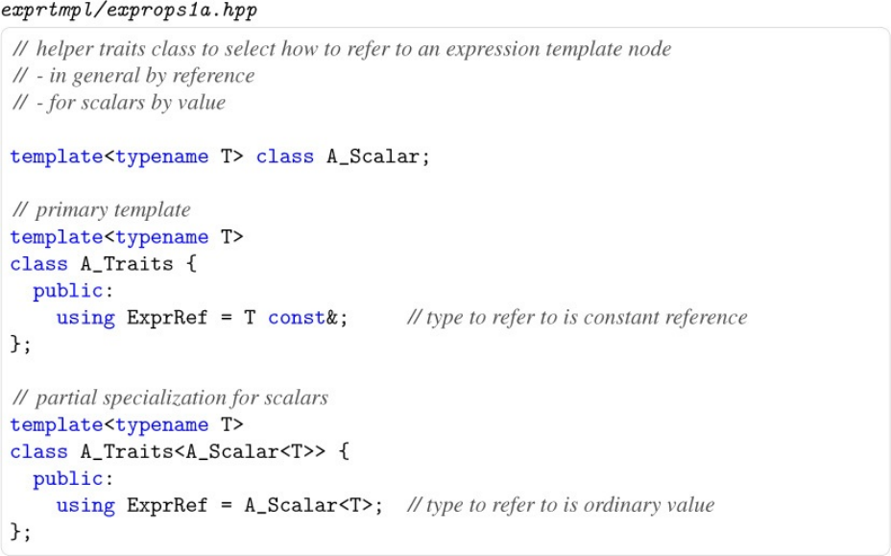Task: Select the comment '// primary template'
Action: tap(101, 210)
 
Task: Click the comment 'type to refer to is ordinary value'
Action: tap(561, 505)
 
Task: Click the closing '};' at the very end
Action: tap(20, 531)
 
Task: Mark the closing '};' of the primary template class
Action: tap(20, 344)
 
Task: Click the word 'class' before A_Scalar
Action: tap(284, 157)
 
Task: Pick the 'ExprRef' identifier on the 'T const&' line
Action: tap(167, 318)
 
